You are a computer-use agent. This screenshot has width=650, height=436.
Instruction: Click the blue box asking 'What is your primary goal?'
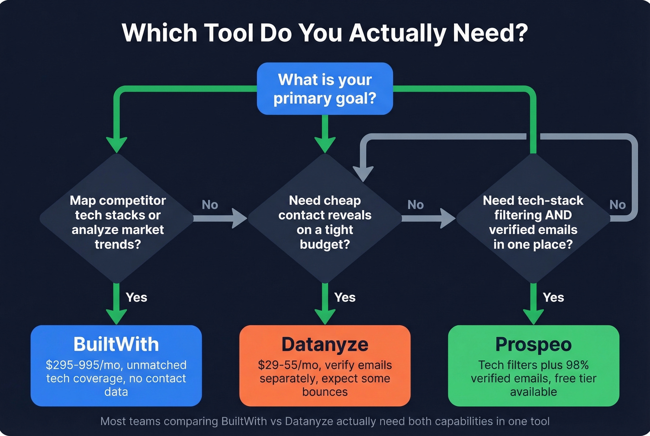coord(325,89)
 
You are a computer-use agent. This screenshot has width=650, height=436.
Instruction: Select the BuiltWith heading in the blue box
coord(116,345)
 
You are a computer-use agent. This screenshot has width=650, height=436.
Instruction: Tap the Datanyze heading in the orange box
coord(325,345)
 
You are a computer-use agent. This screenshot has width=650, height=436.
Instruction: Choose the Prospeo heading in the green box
coord(533,345)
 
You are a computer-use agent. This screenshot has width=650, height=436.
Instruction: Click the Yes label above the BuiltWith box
coord(136,298)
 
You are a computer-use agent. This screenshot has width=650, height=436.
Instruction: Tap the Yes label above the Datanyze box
coord(344,298)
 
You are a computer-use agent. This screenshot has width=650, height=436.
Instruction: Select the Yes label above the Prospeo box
coord(553,298)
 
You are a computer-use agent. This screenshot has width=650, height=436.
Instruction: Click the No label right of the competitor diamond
coord(210,205)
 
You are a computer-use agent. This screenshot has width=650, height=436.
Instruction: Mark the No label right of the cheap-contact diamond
coord(416,205)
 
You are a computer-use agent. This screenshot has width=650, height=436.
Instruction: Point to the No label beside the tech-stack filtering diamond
coord(617,205)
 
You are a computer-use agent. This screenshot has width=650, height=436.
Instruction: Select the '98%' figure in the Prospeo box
coord(577,365)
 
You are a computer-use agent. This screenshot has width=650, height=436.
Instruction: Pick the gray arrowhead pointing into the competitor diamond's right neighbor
coord(240,218)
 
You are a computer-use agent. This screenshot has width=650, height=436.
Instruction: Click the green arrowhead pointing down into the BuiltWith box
coord(116,317)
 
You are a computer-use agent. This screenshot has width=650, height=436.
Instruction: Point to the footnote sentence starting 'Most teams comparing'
coord(325,422)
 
